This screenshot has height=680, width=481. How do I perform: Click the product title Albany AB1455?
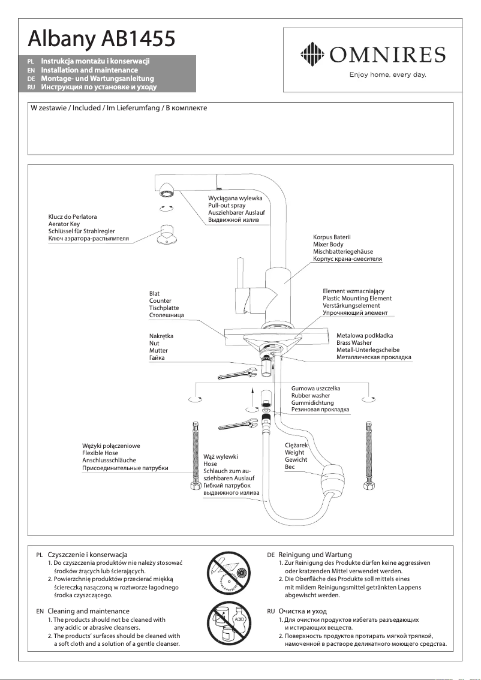click(102, 40)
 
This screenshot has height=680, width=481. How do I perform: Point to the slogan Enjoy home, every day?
click(387, 75)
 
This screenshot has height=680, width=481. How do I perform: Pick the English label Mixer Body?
click(329, 245)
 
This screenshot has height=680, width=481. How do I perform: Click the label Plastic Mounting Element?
click(357, 299)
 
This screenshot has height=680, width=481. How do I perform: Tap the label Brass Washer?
click(354, 343)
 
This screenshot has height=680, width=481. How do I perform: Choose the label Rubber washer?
click(311, 396)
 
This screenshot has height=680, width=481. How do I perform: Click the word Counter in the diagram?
click(160, 301)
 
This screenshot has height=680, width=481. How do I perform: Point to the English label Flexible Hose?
click(100, 453)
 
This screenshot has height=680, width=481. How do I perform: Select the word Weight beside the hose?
click(294, 453)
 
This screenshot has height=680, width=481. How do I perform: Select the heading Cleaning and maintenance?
click(88, 610)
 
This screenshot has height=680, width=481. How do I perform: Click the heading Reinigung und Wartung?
click(315, 555)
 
